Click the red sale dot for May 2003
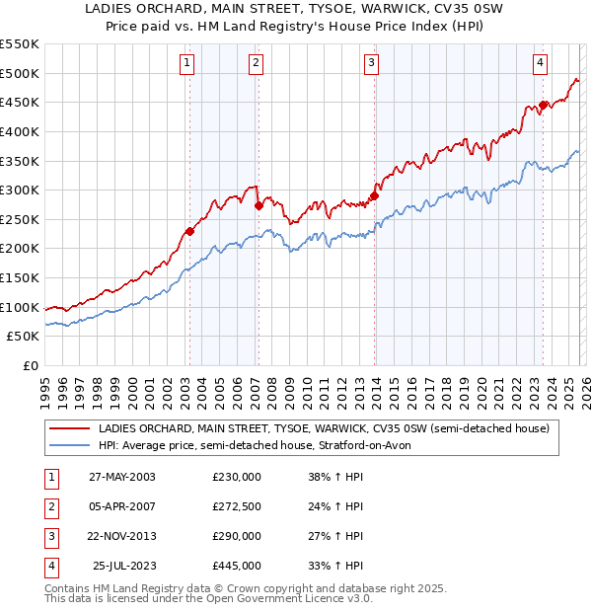(x=189, y=232)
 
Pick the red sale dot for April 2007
(x=258, y=206)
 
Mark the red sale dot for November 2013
(x=374, y=195)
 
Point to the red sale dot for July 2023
(x=543, y=105)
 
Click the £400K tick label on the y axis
(x=20, y=131)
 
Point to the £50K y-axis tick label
(x=24, y=337)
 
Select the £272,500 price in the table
(x=237, y=507)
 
